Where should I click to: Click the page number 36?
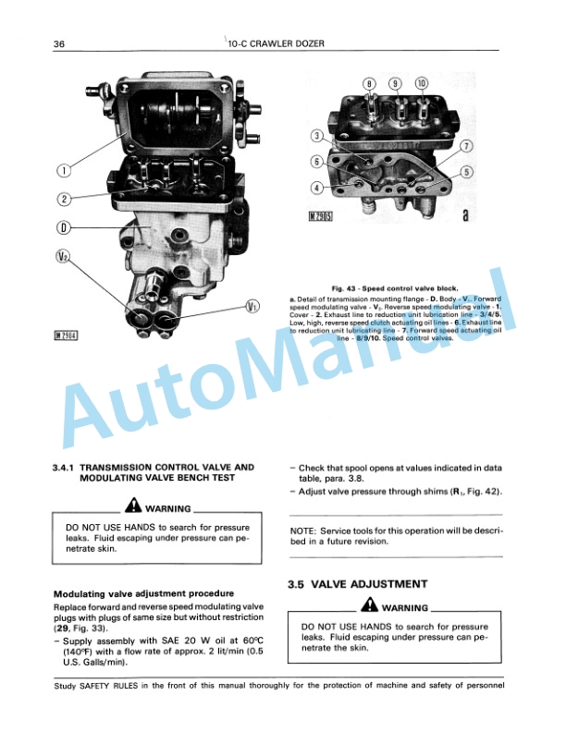click(x=58, y=43)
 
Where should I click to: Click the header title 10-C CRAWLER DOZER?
click(x=283, y=43)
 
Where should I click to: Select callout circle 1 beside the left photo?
click(x=63, y=170)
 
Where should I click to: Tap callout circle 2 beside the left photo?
click(x=63, y=199)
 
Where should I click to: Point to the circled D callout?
click(x=63, y=227)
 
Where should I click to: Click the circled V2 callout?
click(x=63, y=258)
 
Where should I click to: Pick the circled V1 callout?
click(x=252, y=306)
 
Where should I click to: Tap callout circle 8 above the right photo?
click(x=369, y=83)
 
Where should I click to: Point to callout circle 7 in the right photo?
click(x=467, y=147)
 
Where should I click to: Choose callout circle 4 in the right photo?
click(x=317, y=189)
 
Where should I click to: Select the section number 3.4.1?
click(x=68, y=468)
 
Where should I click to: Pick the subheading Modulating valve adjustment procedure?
click(x=143, y=592)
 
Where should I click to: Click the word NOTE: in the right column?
click(x=304, y=531)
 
